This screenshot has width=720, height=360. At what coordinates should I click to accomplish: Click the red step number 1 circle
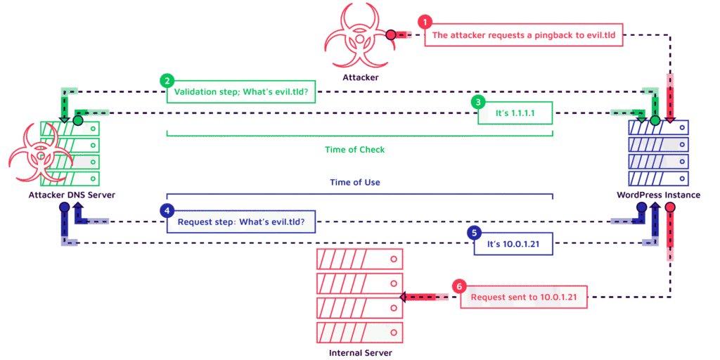click(x=423, y=21)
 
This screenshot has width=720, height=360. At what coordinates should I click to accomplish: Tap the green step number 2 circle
click(x=166, y=80)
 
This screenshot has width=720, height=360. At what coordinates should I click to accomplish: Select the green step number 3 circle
click(x=478, y=101)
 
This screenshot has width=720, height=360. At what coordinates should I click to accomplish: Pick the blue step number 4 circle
click(x=166, y=210)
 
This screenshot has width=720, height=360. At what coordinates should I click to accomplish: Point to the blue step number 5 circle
click(x=474, y=232)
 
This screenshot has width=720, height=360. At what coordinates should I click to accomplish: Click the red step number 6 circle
click(x=459, y=286)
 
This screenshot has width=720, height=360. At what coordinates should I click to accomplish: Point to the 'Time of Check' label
click(x=355, y=149)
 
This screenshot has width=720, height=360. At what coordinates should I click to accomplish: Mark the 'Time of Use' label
click(x=355, y=182)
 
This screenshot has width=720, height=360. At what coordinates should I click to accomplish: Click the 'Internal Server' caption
click(x=360, y=352)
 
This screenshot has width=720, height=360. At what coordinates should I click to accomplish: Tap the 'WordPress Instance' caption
click(x=657, y=195)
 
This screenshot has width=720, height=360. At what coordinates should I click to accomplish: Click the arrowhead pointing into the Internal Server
click(x=404, y=297)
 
